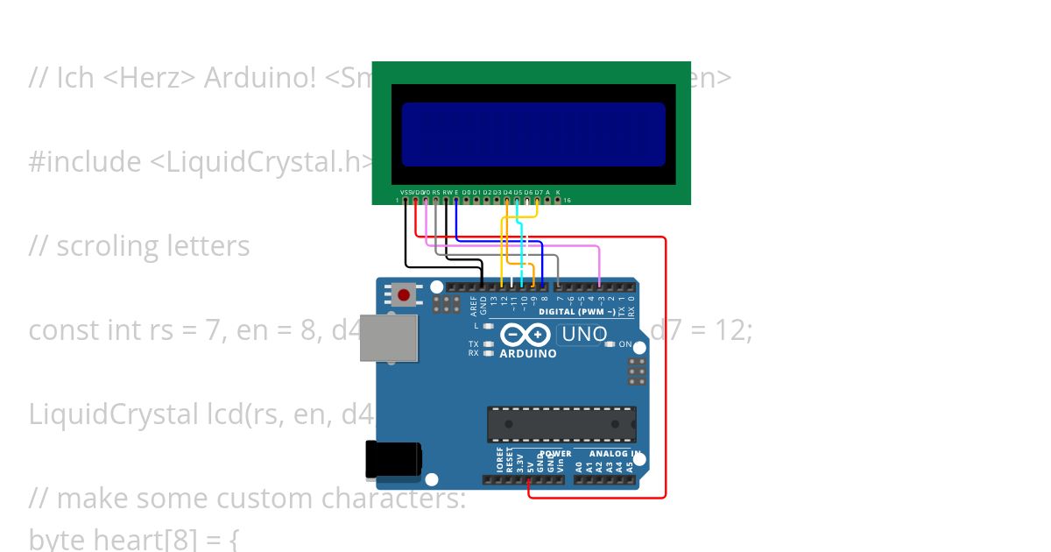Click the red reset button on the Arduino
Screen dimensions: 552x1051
(x=403, y=295)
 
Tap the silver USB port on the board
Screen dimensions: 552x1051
(x=389, y=337)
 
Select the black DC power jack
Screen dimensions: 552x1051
(x=393, y=460)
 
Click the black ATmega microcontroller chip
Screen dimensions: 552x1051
(x=561, y=424)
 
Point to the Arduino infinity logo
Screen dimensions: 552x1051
(x=525, y=335)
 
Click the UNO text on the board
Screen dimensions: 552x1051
(x=584, y=334)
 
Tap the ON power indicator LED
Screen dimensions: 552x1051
(x=610, y=344)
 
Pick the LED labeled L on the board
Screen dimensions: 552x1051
(x=489, y=326)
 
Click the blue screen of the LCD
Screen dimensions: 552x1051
(x=533, y=134)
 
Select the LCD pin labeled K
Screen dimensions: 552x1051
(x=557, y=200)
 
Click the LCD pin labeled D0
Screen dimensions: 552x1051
(x=466, y=200)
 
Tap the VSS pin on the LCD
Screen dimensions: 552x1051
(x=405, y=200)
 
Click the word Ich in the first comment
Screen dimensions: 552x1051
(x=75, y=78)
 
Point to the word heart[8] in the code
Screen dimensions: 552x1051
(x=150, y=537)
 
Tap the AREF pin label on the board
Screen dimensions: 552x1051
(x=474, y=305)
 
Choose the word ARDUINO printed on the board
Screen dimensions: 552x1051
(x=528, y=354)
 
